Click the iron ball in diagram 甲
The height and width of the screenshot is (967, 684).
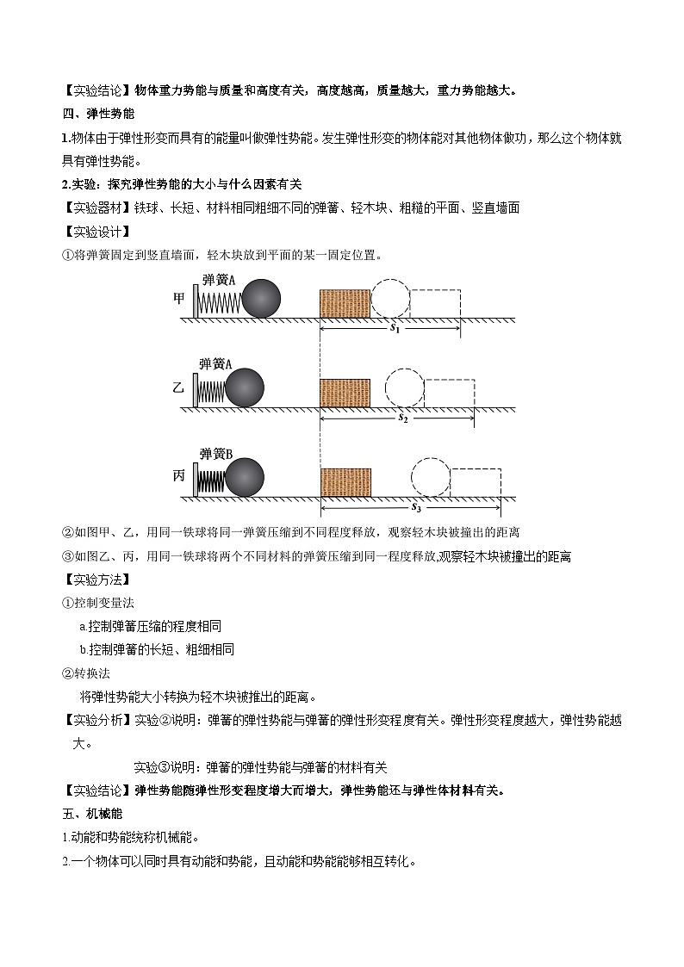tap(261, 299)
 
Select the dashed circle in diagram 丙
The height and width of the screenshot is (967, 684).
tap(430, 478)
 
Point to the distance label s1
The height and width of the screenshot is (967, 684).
tap(395, 328)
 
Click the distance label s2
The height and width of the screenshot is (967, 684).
tap(401, 418)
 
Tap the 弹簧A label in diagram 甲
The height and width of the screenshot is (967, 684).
tap(219, 279)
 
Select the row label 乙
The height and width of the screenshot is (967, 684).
tap(178, 387)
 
